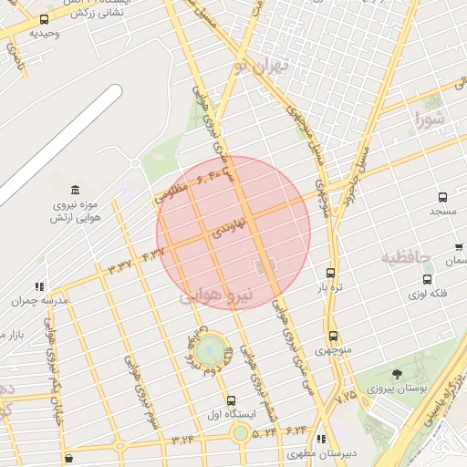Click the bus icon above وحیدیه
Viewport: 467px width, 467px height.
click(45, 19)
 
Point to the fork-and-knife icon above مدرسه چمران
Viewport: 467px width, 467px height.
click(38, 285)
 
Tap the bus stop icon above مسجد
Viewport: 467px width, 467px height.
click(443, 197)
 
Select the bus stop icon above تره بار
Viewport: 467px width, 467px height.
click(330, 273)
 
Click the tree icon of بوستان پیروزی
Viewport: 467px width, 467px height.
click(397, 374)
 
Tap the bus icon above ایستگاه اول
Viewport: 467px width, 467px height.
click(231, 400)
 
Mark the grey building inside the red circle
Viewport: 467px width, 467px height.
click(265, 267)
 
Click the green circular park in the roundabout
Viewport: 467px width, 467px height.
click(209, 348)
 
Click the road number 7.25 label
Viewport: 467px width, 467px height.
click(346, 397)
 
